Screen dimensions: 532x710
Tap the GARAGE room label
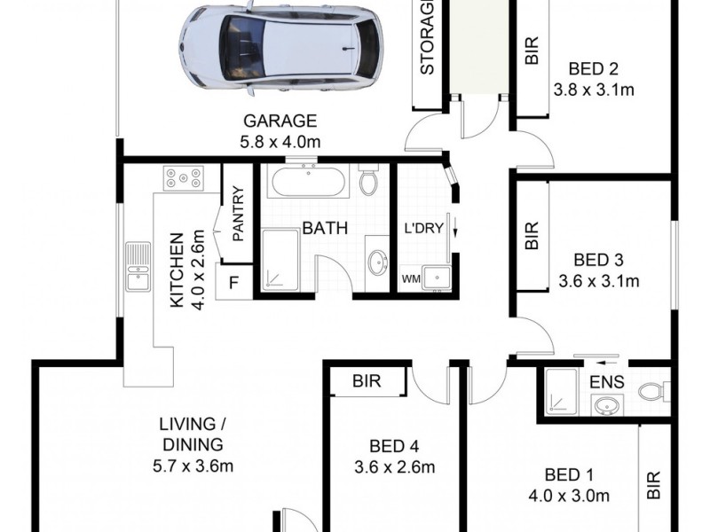pyautogui.click(x=280, y=121)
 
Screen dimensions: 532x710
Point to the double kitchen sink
pyautogui.click(x=138, y=267)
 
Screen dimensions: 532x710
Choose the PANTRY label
pyautogui.click(x=237, y=213)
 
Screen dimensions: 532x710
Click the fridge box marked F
pyautogui.click(x=234, y=284)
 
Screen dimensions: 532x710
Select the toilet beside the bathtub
pyautogui.click(x=369, y=182)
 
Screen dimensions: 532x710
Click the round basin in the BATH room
pyautogui.click(x=377, y=262)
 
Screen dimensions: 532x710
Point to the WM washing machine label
pyautogui.click(x=411, y=279)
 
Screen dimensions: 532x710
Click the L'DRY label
pyautogui.click(x=422, y=226)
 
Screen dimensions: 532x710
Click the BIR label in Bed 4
pyautogui.click(x=367, y=382)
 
